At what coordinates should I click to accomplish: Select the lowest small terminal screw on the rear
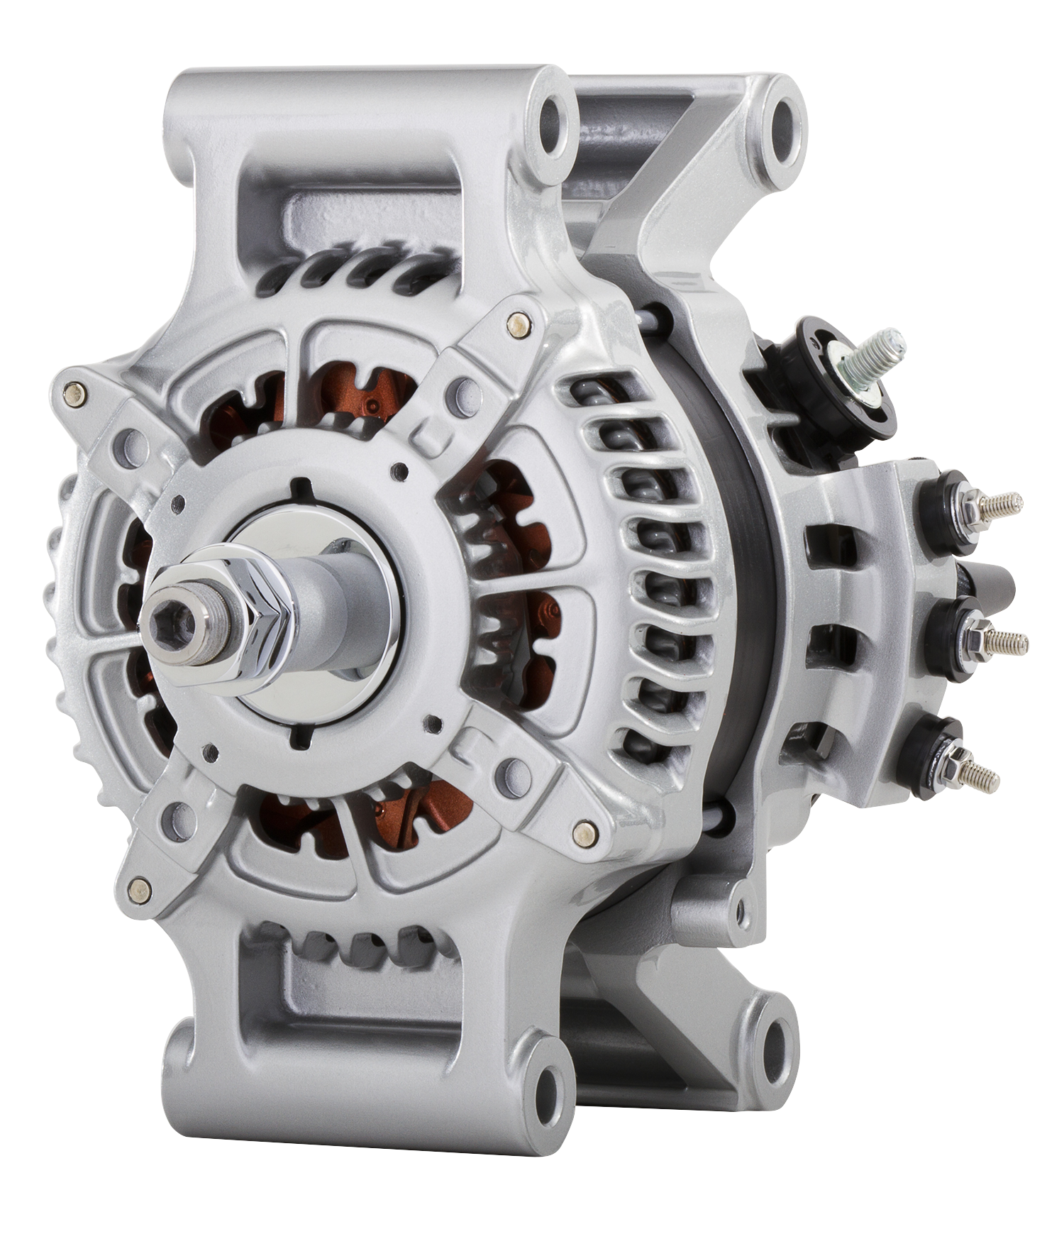click(982, 777)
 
